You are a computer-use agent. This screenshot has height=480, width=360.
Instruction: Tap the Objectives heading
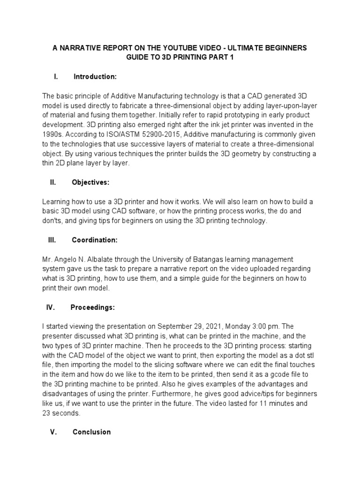[91, 182]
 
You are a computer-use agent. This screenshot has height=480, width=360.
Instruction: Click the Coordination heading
[95, 240]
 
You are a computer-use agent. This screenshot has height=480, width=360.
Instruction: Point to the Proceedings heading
[92, 307]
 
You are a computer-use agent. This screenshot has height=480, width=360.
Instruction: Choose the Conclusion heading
[92, 432]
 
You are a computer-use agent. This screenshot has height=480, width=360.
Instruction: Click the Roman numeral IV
[51, 307]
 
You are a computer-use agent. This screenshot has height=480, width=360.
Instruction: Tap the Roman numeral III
[52, 240]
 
